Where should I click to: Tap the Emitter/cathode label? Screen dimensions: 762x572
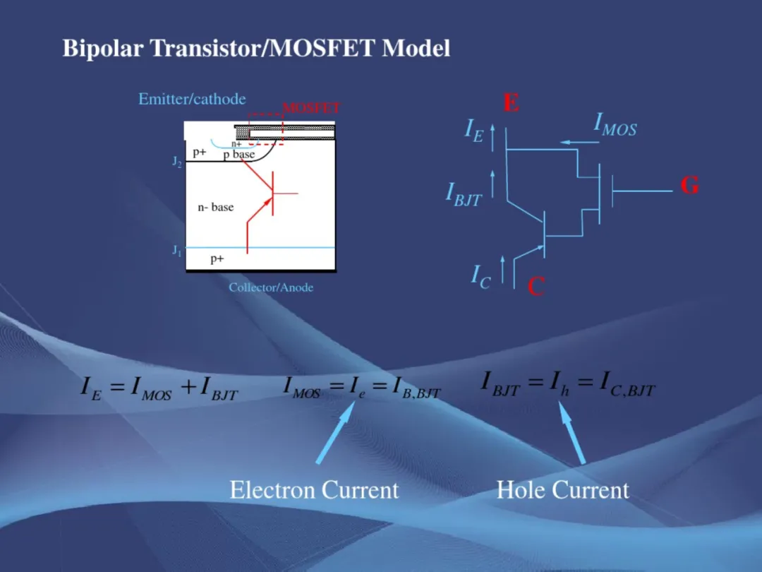(x=192, y=99)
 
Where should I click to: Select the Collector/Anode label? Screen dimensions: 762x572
(x=271, y=287)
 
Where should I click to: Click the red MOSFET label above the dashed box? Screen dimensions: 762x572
(x=311, y=107)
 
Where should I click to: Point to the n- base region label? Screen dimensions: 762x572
(x=216, y=207)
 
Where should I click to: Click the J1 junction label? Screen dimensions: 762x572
(x=177, y=251)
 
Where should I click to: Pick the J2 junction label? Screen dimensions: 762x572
(x=177, y=162)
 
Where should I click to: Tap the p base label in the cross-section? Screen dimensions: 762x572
(x=239, y=155)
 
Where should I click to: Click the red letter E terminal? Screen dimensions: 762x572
(x=512, y=102)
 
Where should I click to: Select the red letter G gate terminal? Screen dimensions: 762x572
(x=689, y=185)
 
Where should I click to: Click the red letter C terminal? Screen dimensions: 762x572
(x=536, y=286)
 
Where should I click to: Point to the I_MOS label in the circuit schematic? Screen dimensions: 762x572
(x=615, y=125)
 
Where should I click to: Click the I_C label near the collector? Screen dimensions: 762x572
(x=480, y=277)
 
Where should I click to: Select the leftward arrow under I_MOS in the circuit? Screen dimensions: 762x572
(x=579, y=143)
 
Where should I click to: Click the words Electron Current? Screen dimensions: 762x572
(x=314, y=489)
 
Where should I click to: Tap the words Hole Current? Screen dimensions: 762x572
(x=563, y=489)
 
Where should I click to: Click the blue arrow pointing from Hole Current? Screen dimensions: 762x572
(x=572, y=432)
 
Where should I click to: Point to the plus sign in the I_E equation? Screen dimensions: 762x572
(x=188, y=387)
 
